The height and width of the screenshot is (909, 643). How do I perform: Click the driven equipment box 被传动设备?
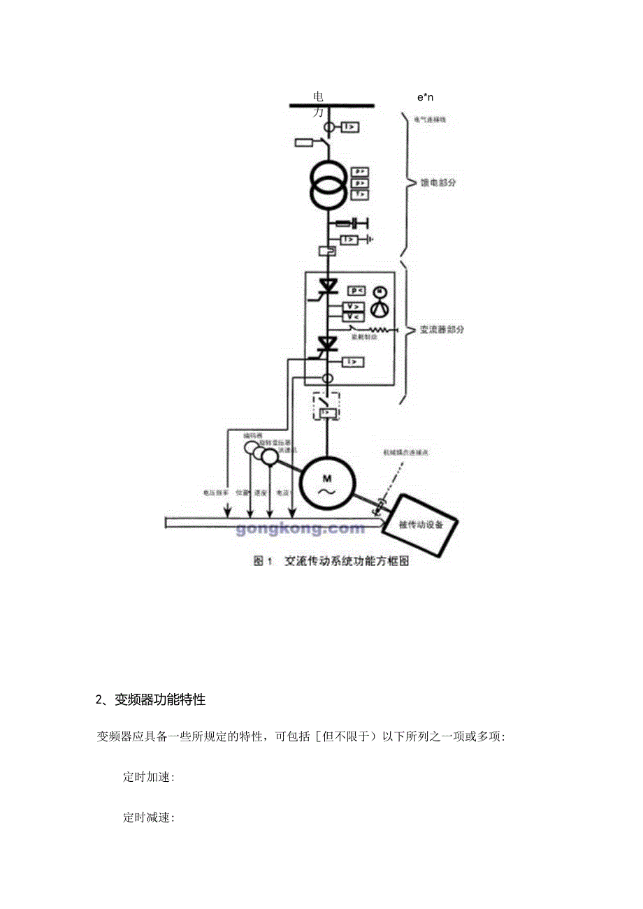(x=420, y=524)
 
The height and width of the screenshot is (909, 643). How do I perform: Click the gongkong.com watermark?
(x=301, y=528)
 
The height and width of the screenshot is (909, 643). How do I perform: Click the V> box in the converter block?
(x=354, y=307)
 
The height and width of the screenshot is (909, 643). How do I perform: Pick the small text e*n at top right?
(x=426, y=97)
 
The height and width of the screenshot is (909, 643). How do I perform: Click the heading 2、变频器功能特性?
(x=150, y=699)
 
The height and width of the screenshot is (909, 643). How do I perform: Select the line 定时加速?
(x=149, y=777)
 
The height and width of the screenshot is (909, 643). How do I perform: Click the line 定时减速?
(x=149, y=817)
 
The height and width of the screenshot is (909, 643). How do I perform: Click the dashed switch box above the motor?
(x=327, y=406)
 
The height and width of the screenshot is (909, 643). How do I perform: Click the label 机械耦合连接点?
(x=405, y=453)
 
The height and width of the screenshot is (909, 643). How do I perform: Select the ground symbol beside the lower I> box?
(x=371, y=240)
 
